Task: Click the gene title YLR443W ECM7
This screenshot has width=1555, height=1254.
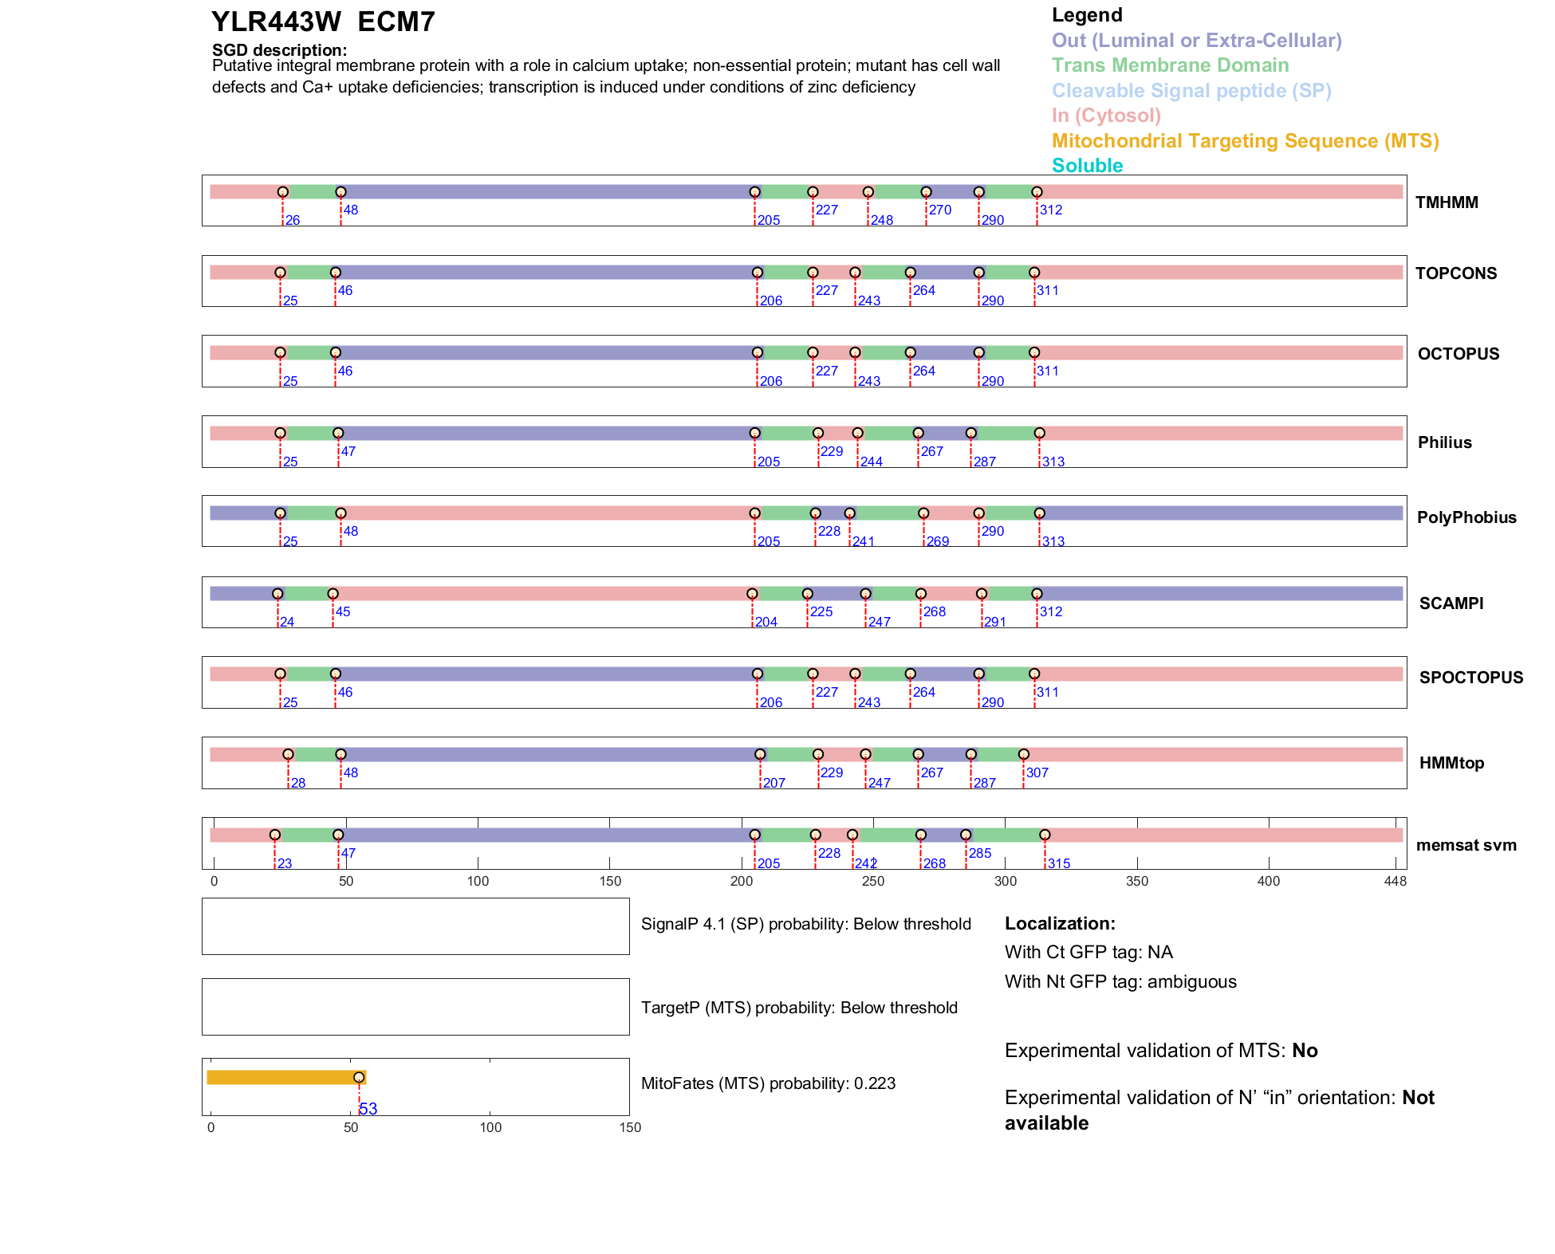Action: tap(323, 22)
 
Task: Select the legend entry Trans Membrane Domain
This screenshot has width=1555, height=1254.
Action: tap(1170, 65)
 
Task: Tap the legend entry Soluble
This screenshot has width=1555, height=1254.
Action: tap(1087, 166)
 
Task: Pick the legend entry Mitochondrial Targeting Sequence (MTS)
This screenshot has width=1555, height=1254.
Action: tap(1245, 141)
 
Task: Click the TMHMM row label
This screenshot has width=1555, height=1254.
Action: tap(1447, 202)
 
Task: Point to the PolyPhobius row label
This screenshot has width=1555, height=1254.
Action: tap(1466, 517)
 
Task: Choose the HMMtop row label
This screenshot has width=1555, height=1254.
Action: tap(1451, 763)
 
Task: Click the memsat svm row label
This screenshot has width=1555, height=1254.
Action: tap(1466, 845)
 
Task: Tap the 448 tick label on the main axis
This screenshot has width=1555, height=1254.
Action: tap(1396, 881)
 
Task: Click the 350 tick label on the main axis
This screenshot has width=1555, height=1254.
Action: tap(1137, 881)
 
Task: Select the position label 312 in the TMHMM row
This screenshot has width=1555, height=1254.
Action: tap(1051, 210)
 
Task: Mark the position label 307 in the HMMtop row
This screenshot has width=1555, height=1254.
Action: tap(1037, 772)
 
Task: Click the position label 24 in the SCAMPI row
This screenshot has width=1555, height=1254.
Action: tap(287, 622)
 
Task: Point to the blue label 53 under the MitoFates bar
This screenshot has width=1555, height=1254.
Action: tap(368, 1109)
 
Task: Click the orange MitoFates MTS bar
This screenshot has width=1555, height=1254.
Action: tap(283, 1077)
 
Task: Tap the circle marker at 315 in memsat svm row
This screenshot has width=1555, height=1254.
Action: tap(1045, 835)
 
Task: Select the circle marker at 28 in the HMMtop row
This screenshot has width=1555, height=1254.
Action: tap(288, 754)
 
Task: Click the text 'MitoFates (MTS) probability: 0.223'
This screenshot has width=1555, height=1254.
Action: tap(768, 1083)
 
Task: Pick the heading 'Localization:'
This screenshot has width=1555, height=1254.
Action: tap(1060, 923)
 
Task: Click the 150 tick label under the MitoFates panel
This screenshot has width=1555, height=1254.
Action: tap(630, 1127)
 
